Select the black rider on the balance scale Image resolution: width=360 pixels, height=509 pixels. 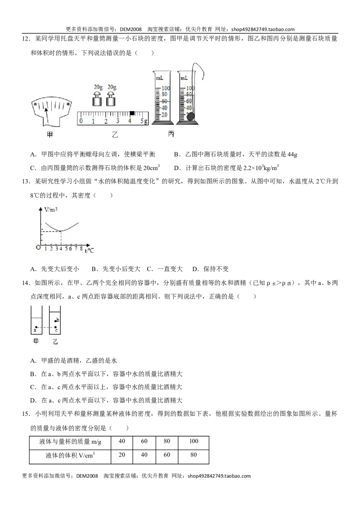pos(132,113)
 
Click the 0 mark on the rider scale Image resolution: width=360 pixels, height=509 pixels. pos(81,121)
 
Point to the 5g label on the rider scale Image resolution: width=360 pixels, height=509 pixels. pos(144,121)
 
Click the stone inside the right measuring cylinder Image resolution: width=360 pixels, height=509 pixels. pos(190,116)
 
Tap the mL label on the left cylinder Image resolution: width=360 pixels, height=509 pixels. pos(159,78)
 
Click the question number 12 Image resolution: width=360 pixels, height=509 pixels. pos(26,39)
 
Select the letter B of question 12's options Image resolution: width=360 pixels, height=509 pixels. pos(177,155)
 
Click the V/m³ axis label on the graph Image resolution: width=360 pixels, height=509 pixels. pos(51,210)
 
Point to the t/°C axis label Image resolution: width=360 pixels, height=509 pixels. pos(90,250)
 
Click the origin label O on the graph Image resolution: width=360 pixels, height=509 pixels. pos(38,247)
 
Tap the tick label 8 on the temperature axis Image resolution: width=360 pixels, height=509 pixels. pos(81,249)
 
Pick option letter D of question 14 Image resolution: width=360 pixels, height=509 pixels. pos(33,400)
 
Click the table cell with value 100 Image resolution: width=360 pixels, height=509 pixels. pos(193,441)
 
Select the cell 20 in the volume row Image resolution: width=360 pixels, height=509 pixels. pos(122,455)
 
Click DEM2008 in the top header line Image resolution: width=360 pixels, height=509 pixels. pos(130,29)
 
